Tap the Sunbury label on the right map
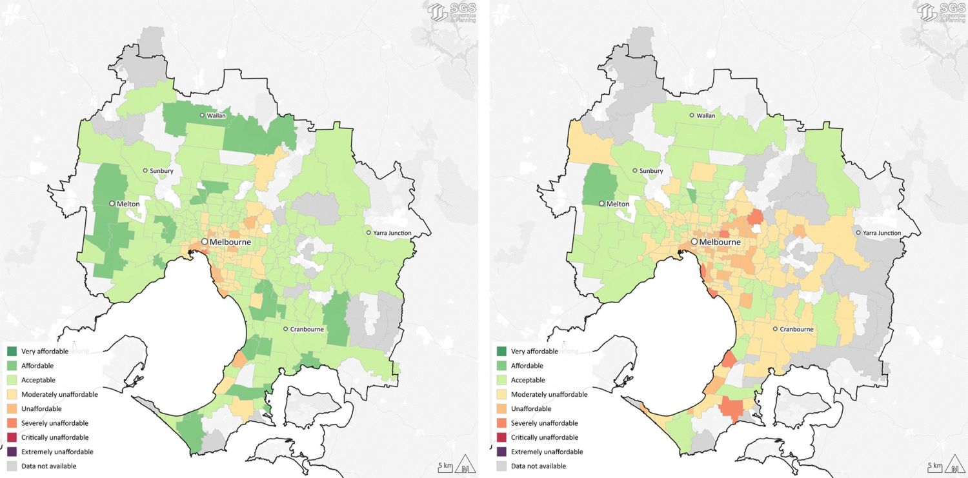(652, 171)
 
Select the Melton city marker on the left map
(112, 203)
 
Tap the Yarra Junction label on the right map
(882, 233)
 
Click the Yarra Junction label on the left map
(392, 233)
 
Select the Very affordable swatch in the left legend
(12, 352)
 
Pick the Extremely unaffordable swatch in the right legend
(502, 452)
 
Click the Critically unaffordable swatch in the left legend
(12, 437)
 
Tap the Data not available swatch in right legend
(502, 466)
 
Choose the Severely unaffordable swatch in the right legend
(502, 423)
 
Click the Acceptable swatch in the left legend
(12, 380)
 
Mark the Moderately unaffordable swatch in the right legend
(502, 394)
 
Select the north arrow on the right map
(953, 464)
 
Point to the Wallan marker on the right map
(692, 115)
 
